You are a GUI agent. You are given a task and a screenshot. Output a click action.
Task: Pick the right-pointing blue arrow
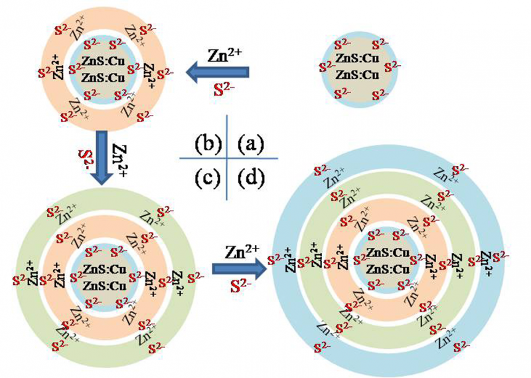pos(238,269)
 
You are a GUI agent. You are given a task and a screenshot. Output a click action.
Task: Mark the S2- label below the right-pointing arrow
pos(240,287)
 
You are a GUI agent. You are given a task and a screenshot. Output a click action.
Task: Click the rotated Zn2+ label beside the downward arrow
pos(121,160)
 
